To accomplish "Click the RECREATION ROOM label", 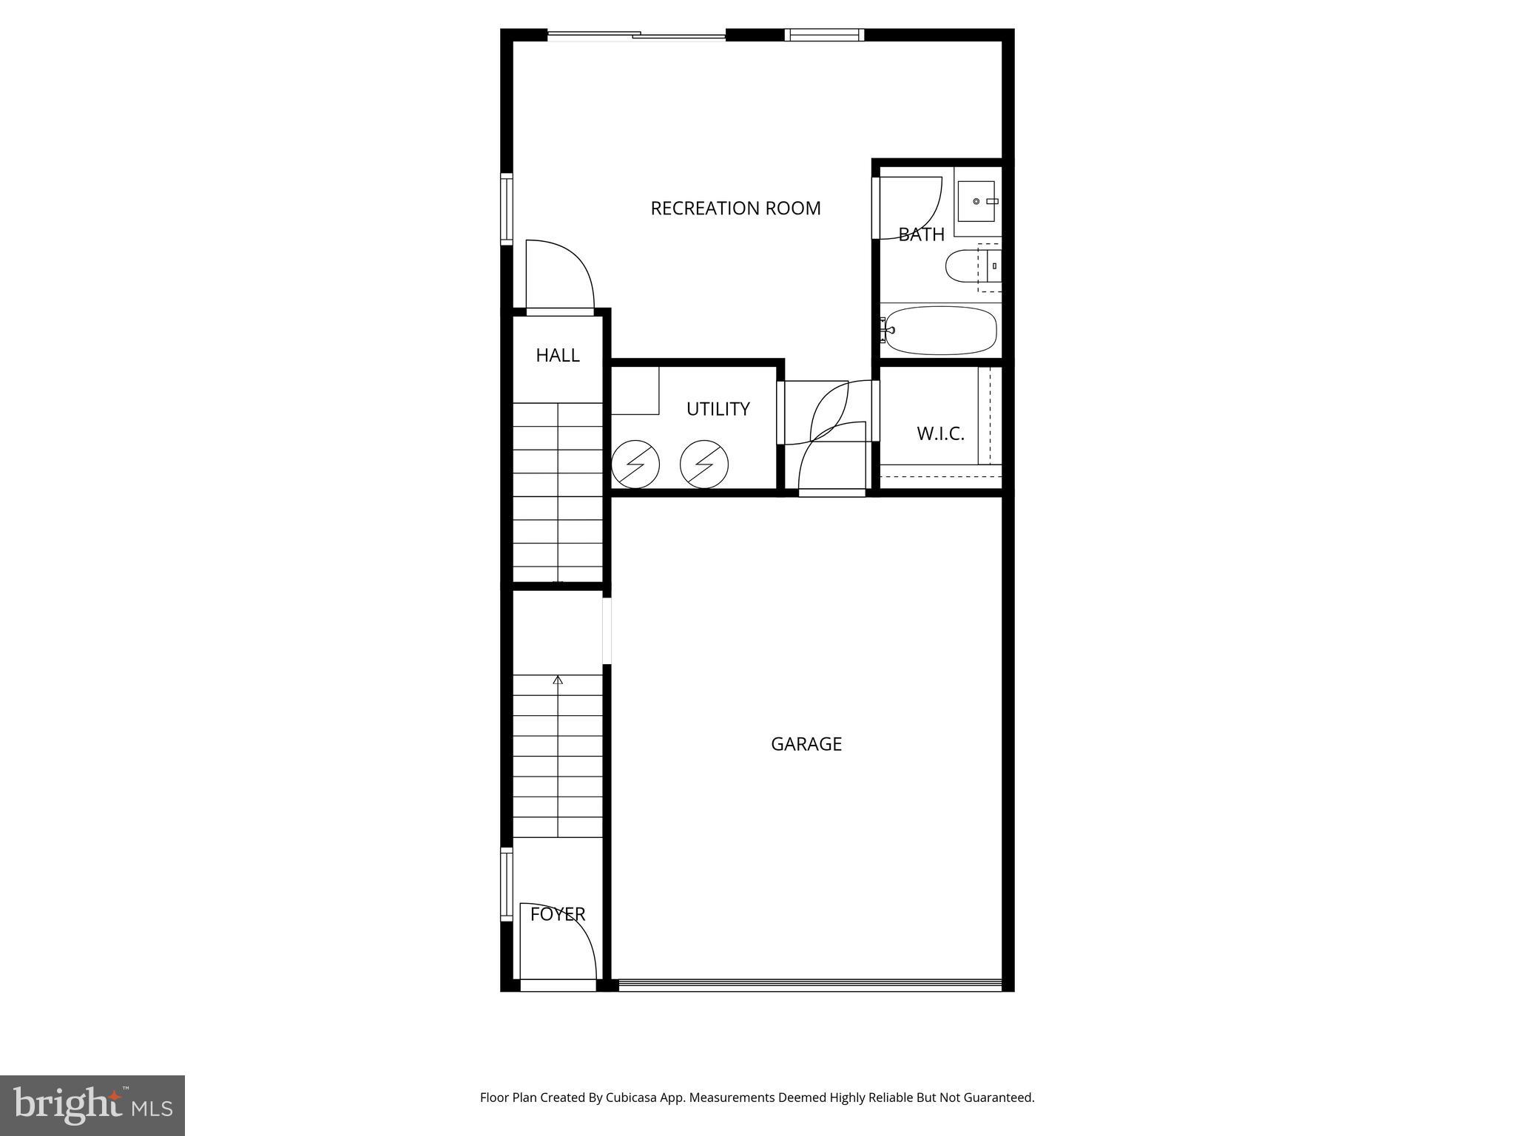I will pyautogui.click(x=735, y=209).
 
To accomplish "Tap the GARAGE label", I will pyautogui.click(x=806, y=744).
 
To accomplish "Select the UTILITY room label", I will pyautogui.click(x=718, y=409).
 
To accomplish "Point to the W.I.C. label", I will pyautogui.click(x=940, y=434).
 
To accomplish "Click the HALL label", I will pyautogui.click(x=557, y=356).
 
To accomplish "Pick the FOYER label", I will pyautogui.click(x=558, y=915).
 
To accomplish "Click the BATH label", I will pyautogui.click(x=921, y=234).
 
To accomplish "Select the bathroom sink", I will pyautogui.click(x=976, y=201).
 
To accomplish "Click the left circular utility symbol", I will pyautogui.click(x=635, y=464).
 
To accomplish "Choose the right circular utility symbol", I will pyautogui.click(x=704, y=464).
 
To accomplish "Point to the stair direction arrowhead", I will pyautogui.click(x=558, y=680).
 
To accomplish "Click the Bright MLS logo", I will pyautogui.click(x=92, y=1106).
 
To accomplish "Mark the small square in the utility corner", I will pyautogui.click(x=635, y=390).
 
